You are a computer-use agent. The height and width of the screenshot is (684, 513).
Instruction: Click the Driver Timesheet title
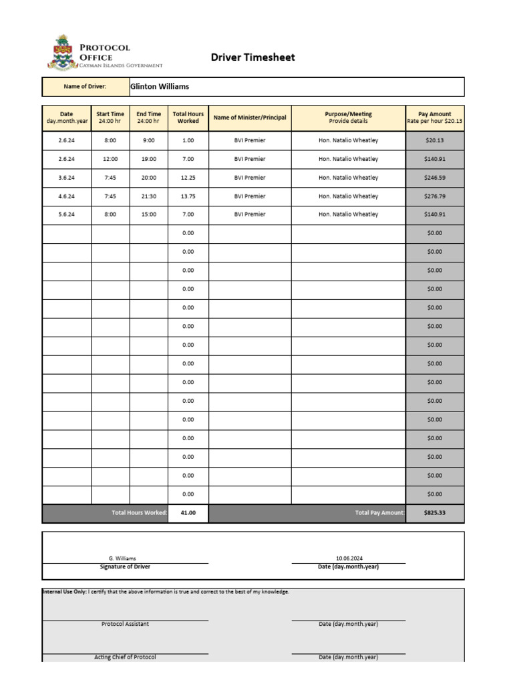click(x=252, y=57)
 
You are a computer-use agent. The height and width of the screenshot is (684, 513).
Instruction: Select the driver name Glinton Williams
click(x=160, y=87)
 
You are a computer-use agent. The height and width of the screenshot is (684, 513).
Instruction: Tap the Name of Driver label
click(x=85, y=87)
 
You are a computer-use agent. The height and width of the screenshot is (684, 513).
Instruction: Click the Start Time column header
click(x=110, y=118)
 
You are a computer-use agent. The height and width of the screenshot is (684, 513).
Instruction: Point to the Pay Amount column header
click(x=435, y=118)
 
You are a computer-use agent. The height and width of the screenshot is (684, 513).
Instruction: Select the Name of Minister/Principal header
click(x=250, y=118)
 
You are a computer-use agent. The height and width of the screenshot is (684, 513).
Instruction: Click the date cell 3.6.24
click(x=67, y=178)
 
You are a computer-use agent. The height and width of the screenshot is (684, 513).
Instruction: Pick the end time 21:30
click(x=148, y=196)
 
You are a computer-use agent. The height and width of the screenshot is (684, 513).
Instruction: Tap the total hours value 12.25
click(x=188, y=178)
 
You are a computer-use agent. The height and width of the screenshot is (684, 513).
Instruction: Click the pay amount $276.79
click(x=435, y=196)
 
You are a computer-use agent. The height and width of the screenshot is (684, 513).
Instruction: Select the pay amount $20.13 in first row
click(x=435, y=140)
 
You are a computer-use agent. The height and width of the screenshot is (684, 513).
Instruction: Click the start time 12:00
click(x=110, y=159)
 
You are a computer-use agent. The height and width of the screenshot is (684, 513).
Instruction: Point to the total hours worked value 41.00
click(x=188, y=513)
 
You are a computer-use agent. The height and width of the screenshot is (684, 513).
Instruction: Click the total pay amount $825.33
click(x=435, y=513)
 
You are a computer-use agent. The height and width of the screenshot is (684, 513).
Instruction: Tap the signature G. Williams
click(x=122, y=558)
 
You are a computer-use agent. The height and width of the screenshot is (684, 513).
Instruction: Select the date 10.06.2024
click(x=349, y=558)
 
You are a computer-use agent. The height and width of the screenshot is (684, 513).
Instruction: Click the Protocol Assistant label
click(x=125, y=624)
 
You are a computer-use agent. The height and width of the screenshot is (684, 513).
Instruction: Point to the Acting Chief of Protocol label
click(x=125, y=657)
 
